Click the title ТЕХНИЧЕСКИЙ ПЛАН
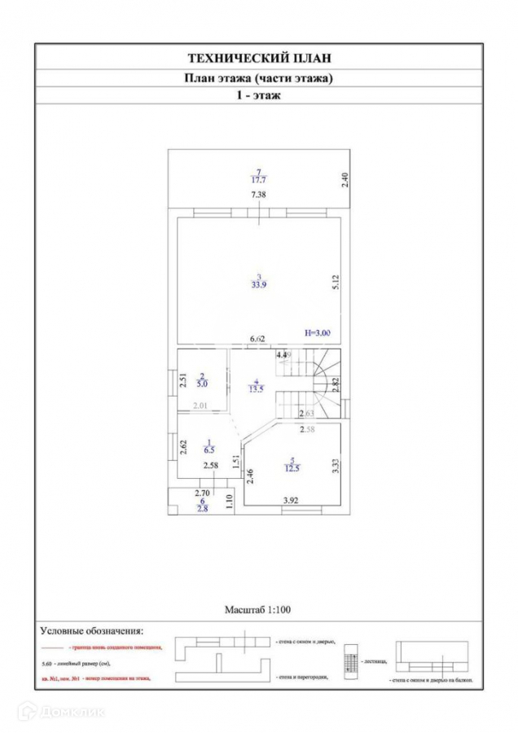tap(259, 58)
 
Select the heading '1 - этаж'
tap(259, 96)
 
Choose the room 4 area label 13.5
tap(256, 388)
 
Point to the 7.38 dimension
tap(259, 195)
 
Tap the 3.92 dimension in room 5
tap(291, 499)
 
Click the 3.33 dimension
tap(334, 467)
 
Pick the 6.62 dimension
tap(258, 339)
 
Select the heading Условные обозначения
tap(91, 630)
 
